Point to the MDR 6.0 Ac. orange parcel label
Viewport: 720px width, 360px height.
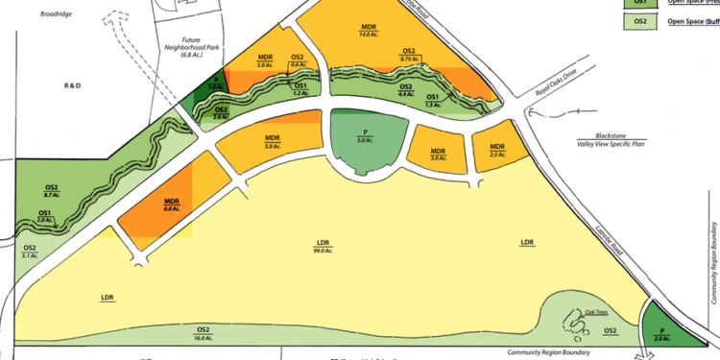click(173, 204)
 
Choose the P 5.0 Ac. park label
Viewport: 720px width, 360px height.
click(364, 135)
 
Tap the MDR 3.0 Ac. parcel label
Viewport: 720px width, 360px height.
click(438, 154)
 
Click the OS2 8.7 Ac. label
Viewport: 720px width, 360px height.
click(51, 190)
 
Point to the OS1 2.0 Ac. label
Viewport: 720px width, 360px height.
click(45, 216)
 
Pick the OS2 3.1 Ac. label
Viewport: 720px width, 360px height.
click(31, 252)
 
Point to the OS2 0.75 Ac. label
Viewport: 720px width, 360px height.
click(409, 55)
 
